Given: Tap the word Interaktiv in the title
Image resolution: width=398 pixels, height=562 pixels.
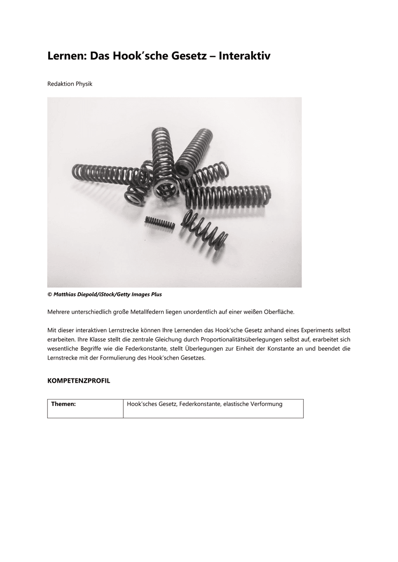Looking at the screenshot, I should tap(245, 56).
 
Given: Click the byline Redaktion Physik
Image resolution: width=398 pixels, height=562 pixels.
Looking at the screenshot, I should tap(70, 84).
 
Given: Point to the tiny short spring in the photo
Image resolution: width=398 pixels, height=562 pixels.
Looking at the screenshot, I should tap(160, 222).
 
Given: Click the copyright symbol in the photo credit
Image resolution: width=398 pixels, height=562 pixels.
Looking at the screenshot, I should tap(49, 295).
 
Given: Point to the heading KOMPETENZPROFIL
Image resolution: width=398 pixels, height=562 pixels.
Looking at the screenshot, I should tap(79, 381).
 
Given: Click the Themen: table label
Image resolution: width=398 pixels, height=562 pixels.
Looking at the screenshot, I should tap(63, 404).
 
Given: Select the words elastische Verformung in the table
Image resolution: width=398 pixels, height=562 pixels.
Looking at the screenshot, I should tap(253, 404).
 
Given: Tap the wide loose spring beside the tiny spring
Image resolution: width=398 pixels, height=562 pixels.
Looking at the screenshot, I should tap(205, 229).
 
